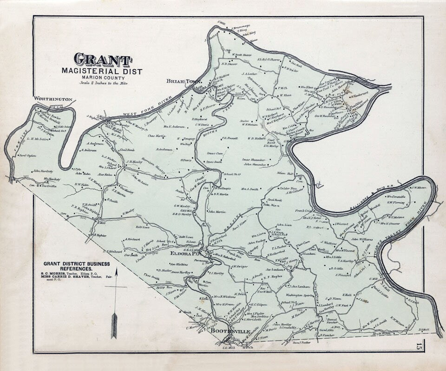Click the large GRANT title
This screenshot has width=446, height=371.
(103, 60)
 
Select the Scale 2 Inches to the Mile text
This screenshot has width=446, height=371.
(104, 83)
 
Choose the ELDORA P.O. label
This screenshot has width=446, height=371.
(186, 254)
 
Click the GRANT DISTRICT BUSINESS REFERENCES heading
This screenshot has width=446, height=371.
(75, 266)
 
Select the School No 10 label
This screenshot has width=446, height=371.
(231, 174)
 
